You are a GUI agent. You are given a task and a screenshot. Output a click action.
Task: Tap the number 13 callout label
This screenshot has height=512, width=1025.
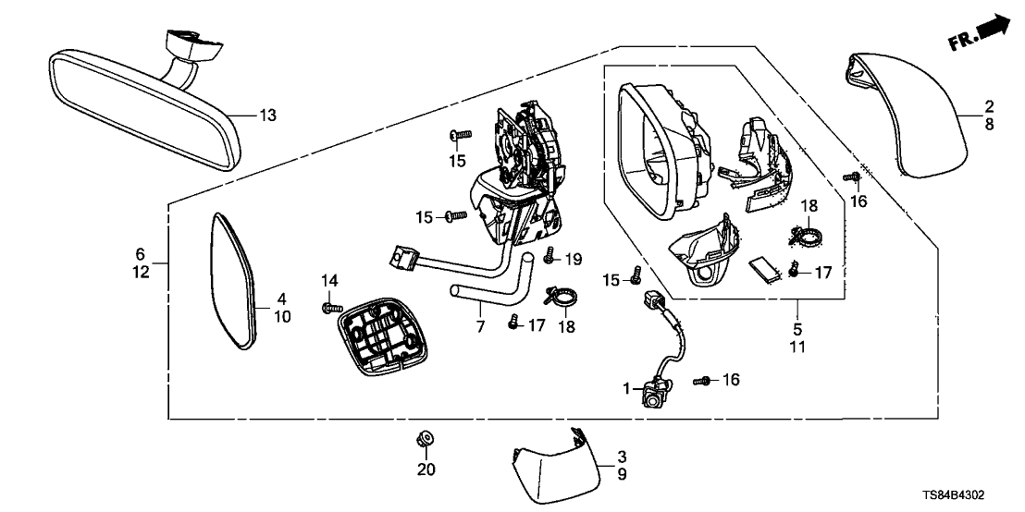[266, 116]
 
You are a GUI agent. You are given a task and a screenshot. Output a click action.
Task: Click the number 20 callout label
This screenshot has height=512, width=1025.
[426, 469]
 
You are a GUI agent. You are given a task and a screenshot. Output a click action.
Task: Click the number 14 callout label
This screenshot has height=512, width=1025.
[331, 280]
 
